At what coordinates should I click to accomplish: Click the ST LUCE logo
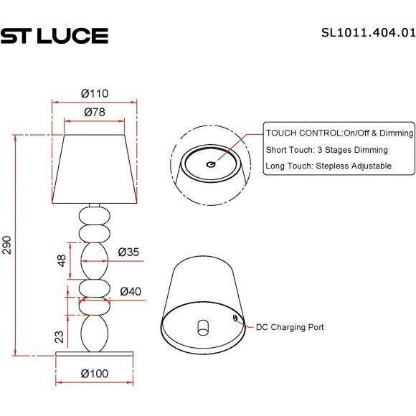pyautogui.click(x=54, y=35)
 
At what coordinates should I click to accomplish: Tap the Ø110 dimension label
pyautogui.click(x=94, y=93)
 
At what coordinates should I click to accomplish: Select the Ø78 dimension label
pyautogui.click(x=94, y=112)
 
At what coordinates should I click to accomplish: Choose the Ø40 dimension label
pyautogui.click(x=129, y=291)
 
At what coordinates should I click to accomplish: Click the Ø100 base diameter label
pyautogui.click(x=94, y=374)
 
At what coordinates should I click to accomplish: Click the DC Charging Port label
pyautogui.click(x=290, y=327)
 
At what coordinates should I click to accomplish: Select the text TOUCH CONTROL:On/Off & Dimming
pyautogui.click(x=339, y=133)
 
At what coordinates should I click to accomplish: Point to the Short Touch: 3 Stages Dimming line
pyautogui.click(x=326, y=150)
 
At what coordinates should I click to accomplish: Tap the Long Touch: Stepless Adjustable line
pyautogui.click(x=328, y=166)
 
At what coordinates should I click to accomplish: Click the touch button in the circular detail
pyautogui.click(x=210, y=164)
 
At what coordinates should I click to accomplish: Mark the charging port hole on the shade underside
pyautogui.click(x=235, y=316)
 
